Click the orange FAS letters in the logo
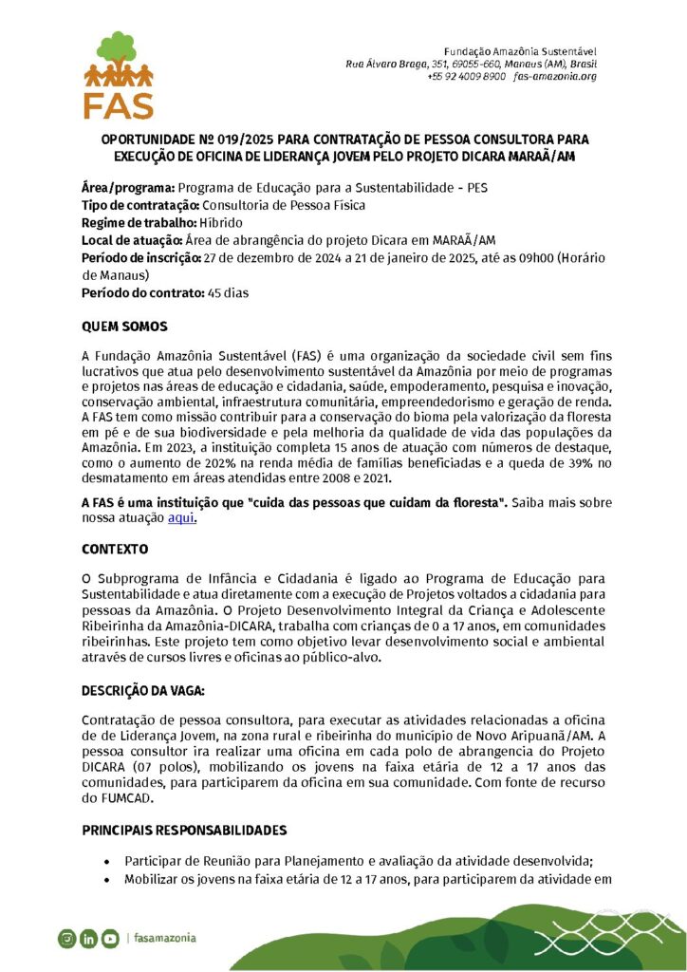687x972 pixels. (x=119, y=103)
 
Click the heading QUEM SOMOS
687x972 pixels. (x=124, y=327)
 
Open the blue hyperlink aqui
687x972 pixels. (x=181, y=517)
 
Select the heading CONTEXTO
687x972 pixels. (x=115, y=550)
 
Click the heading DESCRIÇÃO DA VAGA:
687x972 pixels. (x=142, y=688)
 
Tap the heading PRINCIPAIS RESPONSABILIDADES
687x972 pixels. (x=184, y=831)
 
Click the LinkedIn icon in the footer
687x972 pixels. (x=88, y=939)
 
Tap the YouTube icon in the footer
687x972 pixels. (x=111, y=939)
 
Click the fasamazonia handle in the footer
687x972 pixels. (x=165, y=938)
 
